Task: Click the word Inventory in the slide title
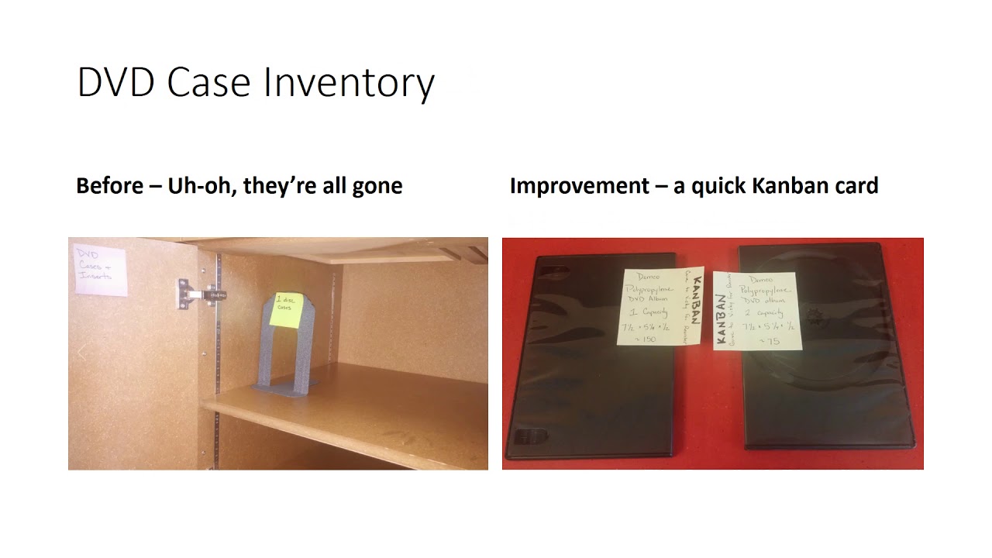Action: point(349,83)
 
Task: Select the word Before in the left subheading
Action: point(108,186)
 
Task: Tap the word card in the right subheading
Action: point(854,186)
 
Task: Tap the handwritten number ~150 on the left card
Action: point(648,339)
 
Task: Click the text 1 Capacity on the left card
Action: point(647,312)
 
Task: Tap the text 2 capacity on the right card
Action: point(767,314)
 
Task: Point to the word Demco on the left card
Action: point(649,277)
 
